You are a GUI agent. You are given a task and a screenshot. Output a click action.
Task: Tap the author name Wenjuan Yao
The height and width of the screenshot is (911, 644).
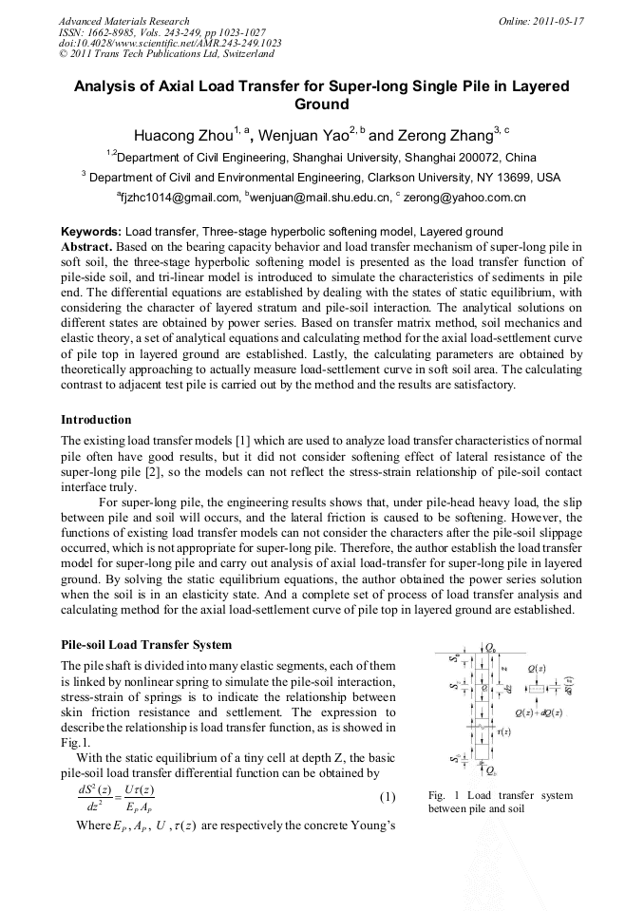click(303, 133)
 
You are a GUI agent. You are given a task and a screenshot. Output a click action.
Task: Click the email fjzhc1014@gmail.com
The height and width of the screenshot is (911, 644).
click(180, 198)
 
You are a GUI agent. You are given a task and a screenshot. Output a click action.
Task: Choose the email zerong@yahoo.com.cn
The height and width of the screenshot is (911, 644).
click(465, 198)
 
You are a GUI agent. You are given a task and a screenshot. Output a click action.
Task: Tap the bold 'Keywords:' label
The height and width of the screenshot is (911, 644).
click(91, 232)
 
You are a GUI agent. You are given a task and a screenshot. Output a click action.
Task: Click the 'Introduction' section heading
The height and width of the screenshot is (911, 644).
click(96, 419)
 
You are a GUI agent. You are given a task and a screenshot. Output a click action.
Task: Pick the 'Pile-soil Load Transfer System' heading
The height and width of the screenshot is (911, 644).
click(145, 645)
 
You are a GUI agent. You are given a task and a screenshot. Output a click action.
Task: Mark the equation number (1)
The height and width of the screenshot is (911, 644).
click(387, 795)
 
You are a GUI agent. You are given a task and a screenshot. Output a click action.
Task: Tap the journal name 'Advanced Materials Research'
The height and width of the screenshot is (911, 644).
click(123, 21)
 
